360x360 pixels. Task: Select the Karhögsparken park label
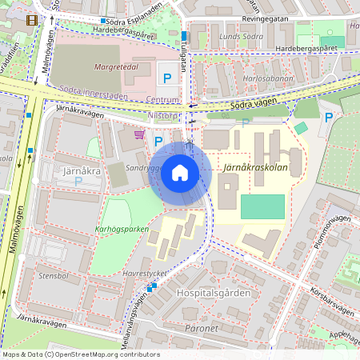click(x=122, y=229)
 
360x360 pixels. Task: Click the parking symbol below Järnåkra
click(x=78, y=182)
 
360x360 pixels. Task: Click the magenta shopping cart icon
click(x=139, y=134)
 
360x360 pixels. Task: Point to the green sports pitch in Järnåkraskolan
click(x=262, y=206)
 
